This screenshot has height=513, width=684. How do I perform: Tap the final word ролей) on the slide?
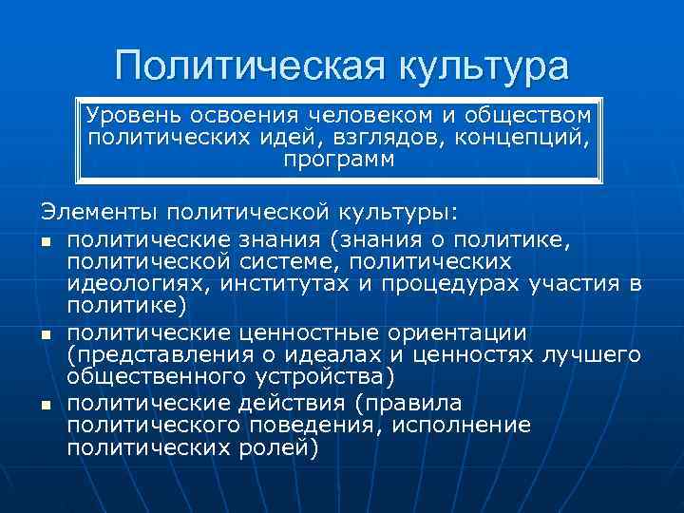pos(281,448)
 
